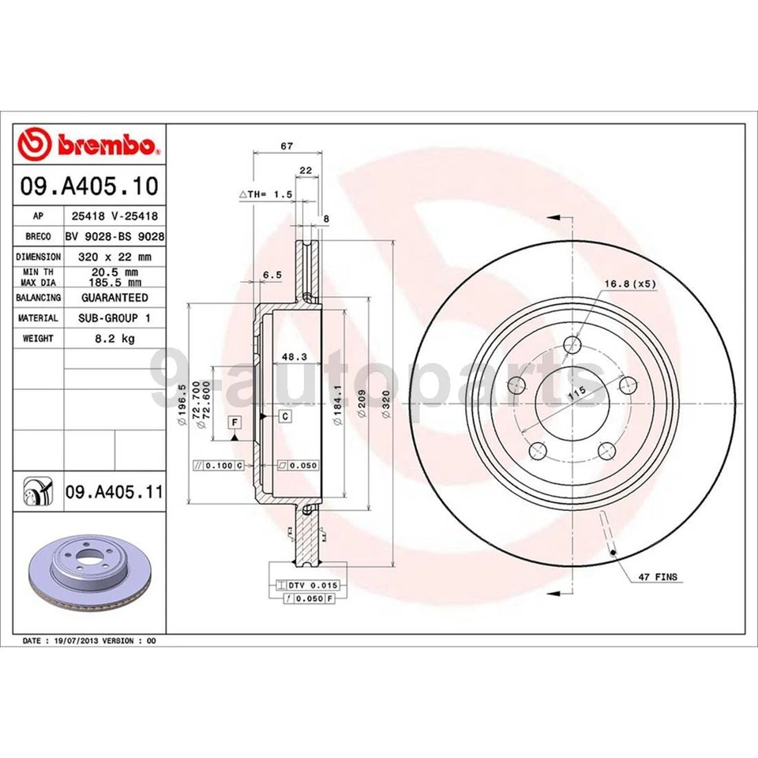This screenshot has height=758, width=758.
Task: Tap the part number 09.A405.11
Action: pos(114,493)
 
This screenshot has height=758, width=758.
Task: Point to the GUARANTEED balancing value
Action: pos(114,298)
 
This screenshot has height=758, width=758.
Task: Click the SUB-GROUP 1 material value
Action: pos(114,317)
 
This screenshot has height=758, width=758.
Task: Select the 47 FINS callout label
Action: pos(658,577)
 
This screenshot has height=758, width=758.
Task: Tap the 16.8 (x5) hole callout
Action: pos(631,283)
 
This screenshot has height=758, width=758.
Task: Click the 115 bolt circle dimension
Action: pos(579,392)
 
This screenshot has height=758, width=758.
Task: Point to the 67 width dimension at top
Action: pos(287,146)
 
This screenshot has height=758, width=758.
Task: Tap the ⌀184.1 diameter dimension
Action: pos(337,405)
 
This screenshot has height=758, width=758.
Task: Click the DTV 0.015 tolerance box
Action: pos(306,584)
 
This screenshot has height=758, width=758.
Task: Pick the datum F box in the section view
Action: pos(235,422)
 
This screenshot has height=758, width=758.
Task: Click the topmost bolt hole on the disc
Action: pos(574,345)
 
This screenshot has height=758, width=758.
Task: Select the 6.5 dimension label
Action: pos(271,274)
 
